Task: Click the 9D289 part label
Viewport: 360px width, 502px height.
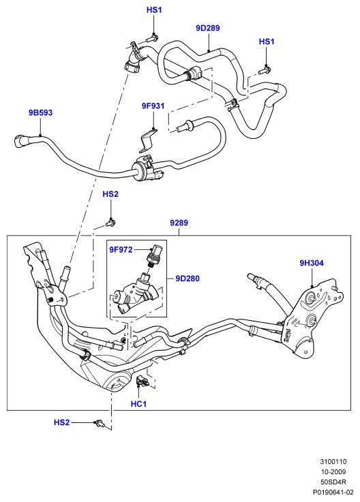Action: (x=208, y=28)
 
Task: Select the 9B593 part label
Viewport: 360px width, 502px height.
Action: (x=40, y=112)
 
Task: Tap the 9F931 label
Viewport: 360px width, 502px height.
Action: (x=153, y=106)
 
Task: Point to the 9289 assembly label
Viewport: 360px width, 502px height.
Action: (x=179, y=223)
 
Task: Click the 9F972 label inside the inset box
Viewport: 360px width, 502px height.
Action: (x=121, y=250)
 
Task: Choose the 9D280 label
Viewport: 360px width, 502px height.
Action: (x=187, y=279)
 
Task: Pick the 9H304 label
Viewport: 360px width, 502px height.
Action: (x=312, y=263)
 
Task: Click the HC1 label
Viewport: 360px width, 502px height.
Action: (x=138, y=404)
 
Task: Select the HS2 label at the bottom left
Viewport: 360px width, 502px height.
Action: (x=61, y=422)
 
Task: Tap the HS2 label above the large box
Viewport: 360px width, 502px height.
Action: (x=110, y=194)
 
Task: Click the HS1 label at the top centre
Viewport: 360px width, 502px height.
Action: (x=154, y=10)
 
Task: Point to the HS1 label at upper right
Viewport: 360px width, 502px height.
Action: (x=267, y=42)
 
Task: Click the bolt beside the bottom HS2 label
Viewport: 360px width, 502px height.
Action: (x=100, y=423)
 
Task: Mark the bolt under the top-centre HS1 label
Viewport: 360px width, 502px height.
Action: (x=153, y=38)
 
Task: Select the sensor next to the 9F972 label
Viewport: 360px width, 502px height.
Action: (x=155, y=255)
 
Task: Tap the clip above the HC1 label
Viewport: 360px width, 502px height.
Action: (x=142, y=381)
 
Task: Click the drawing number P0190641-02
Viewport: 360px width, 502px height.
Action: (x=333, y=492)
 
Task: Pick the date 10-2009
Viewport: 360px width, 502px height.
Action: (x=333, y=472)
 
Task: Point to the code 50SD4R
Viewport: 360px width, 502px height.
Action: (x=333, y=482)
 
